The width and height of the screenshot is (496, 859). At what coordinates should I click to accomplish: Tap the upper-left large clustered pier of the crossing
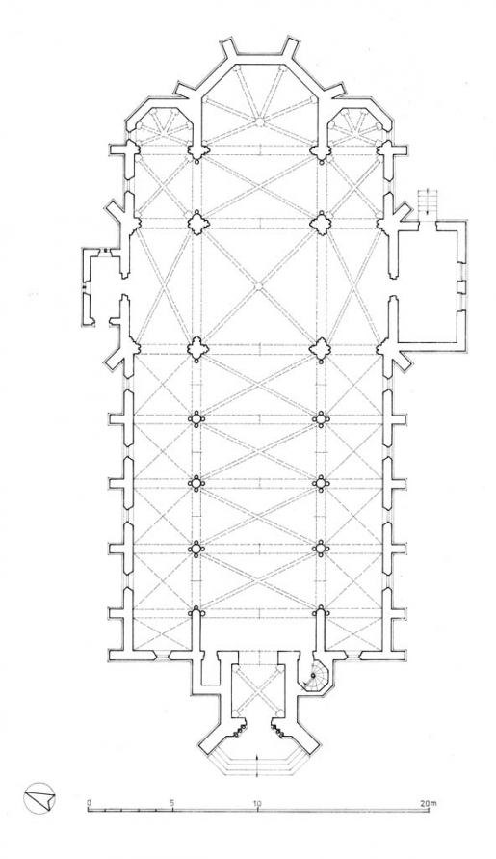197,222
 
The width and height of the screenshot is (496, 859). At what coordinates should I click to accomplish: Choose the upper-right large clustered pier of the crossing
319,222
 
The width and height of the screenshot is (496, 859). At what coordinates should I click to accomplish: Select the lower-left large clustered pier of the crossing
197,347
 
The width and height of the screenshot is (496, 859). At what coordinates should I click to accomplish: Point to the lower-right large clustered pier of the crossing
319,347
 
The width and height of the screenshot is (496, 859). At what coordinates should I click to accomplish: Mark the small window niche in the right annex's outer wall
463,286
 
